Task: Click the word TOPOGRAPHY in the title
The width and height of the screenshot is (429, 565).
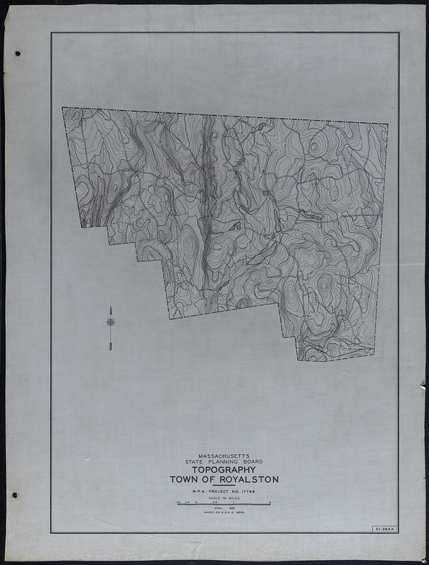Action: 224,470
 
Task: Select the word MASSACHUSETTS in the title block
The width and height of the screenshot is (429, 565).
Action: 224,456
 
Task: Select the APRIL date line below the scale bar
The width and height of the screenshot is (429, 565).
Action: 224,509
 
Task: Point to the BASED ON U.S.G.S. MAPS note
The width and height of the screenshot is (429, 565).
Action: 224,514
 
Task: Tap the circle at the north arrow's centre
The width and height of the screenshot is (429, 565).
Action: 111,322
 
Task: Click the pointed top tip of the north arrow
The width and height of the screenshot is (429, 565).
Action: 111,307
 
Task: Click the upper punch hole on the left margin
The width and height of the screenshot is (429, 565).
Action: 17,54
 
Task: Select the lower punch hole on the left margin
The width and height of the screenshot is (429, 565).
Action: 14,495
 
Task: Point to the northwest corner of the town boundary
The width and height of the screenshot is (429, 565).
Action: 63,108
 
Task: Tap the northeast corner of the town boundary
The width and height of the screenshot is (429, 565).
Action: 387,124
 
